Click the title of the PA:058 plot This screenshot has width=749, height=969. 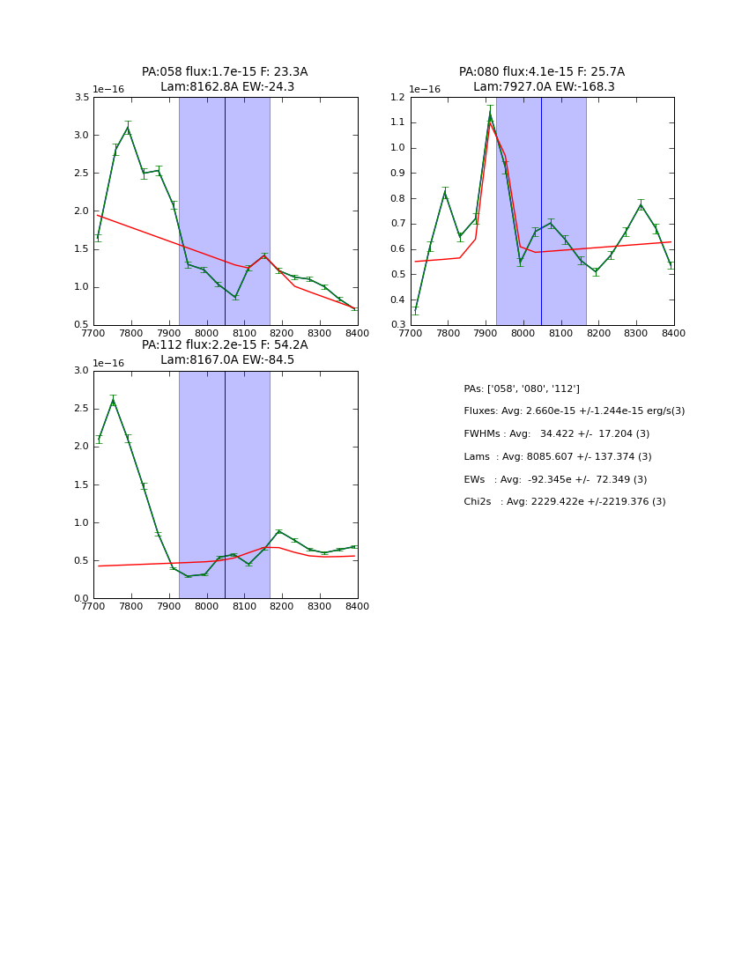(x=225, y=72)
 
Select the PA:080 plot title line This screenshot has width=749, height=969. (x=541, y=72)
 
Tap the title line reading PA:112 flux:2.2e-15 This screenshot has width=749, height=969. (x=225, y=345)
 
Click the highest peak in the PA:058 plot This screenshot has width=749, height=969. (x=128, y=128)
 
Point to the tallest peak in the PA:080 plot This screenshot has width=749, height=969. (x=490, y=113)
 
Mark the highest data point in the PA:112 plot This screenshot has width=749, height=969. (x=113, y=401)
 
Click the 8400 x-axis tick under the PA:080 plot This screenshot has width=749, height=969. (x=673, y=334)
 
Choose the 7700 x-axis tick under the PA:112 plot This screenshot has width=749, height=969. (x=93, y=607)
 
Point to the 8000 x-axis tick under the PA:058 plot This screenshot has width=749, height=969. (x=207, y=334)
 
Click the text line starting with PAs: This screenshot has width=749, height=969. (x=522, y=388)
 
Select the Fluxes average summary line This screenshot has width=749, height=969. (x=574, y=411)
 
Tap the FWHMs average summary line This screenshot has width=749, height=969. (x=556, y=434)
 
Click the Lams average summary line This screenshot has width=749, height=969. (x=557, y=457)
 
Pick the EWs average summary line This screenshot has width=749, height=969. (x=555, y=479)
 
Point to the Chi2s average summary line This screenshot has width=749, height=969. (x=564, y=502)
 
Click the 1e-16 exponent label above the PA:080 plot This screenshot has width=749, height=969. (x=425, y=89)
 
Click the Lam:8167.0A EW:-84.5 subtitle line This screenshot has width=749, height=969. (x=227, y=360)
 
